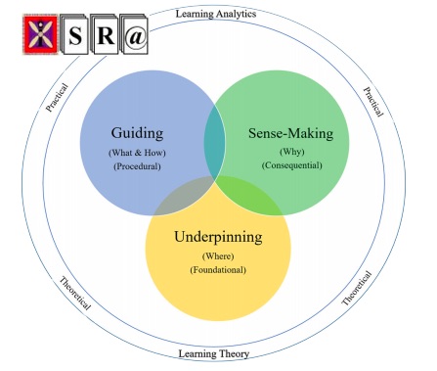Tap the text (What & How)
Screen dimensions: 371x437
point(137,153)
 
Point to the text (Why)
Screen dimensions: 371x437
point(291,153)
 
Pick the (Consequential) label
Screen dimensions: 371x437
point(291,166)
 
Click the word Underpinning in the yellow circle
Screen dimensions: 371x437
point(218,237)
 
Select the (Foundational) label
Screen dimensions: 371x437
point(218,269)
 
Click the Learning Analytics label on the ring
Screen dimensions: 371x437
point(215,13)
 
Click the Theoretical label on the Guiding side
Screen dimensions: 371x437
point(74,291)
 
